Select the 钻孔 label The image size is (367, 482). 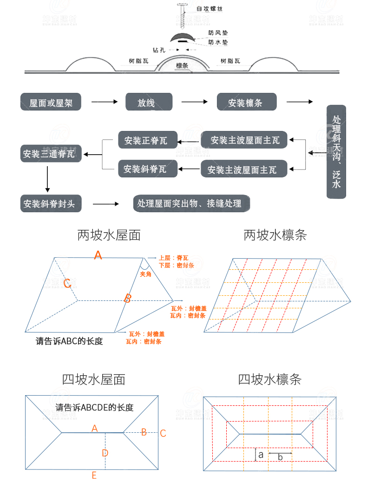[x=159, y=50]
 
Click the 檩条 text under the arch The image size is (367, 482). [x=182, y=66]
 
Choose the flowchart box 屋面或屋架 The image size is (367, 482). [x=51, y=102]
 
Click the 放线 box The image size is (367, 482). [x=149, y=102]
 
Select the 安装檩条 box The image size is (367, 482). [x=247, y=102]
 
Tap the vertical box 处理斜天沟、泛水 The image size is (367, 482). [x=336, y=152]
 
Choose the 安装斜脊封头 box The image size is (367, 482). [x=51, y=203]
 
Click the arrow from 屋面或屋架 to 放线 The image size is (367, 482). [x=103, y=102]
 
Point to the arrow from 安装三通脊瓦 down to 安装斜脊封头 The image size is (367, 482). [x=47, y=178]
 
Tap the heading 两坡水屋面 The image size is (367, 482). [x=109, y=235]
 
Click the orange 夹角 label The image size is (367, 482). [x=145, y=274]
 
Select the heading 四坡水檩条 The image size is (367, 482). [x=269, y=379]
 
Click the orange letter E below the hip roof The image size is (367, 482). [x=94, y=475]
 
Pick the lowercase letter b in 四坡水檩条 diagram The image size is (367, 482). [x=280, y=457]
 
